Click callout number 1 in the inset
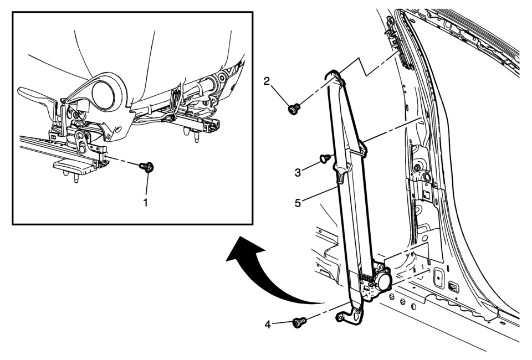pyautogui.click(x=146, y=203)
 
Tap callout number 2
pyautogui.click(x=267, y=82)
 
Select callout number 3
pyautogui.click(x=298, y=172)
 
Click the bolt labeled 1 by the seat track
pyautogui.click(x=147, y=166)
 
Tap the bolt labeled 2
pyautogui.click(x=294, y=108)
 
